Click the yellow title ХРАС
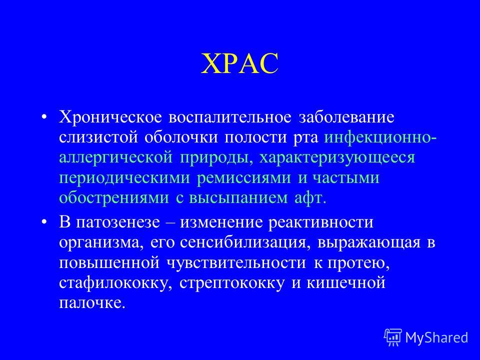[x=239, y=63]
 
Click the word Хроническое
[x=110, y=117]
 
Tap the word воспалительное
[x=230, y=117]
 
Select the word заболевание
[x=346, y=117]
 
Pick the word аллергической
[x=115, y=158]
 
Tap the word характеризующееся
[x=337, y=158]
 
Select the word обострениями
[x=114, y=198]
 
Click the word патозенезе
[x=118, y=222]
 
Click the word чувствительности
[x=236, y=263]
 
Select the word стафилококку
[x=115, y=283]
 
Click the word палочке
[x=92, y=303]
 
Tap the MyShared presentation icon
[x=393, y=337]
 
